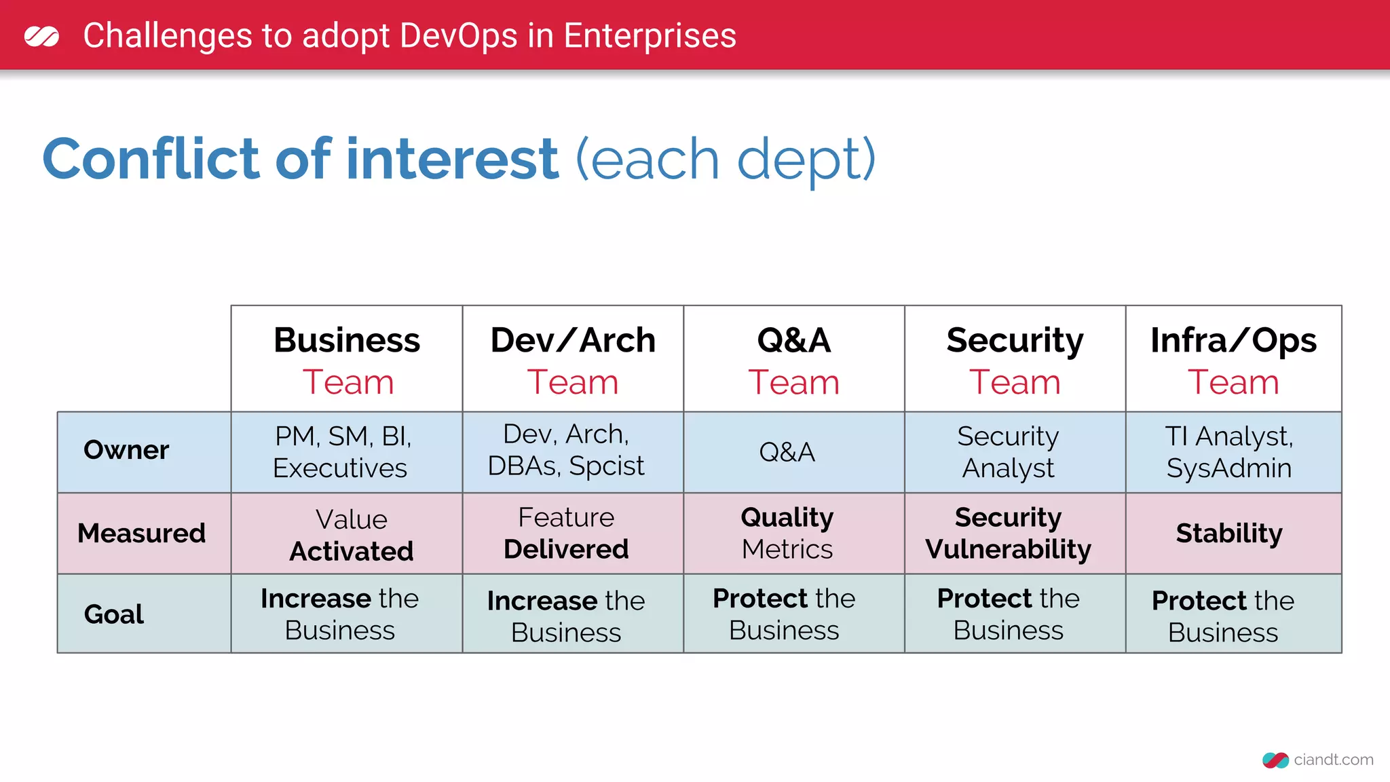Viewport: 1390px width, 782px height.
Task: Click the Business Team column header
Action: [347, 360]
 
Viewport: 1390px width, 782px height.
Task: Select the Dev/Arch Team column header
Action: [573, 360]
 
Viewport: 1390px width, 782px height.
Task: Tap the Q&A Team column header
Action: [793, 360]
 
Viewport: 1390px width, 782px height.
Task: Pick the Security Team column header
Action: [1015, 360]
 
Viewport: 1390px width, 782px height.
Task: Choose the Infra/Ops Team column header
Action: [1233, 360]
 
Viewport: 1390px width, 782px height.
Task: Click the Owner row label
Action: [126, 450]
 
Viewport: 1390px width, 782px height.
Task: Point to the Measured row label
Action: [141, 534]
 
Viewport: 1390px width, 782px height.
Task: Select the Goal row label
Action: [114, 614]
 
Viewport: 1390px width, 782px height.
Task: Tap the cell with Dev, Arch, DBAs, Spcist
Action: [566, 450]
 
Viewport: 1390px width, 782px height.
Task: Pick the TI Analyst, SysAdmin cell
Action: [1229, 452]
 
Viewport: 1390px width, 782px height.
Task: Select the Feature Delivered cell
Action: [566, 534]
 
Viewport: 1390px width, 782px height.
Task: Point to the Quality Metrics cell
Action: [787, 534]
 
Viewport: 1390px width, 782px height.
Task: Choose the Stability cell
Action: [1229, 534]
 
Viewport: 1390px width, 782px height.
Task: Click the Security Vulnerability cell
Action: [1008, 534]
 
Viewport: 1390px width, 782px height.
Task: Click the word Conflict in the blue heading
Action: [151, 160]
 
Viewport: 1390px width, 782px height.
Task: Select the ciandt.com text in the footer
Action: [1333, 760]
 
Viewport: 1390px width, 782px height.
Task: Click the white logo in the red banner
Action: [41, 36]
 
